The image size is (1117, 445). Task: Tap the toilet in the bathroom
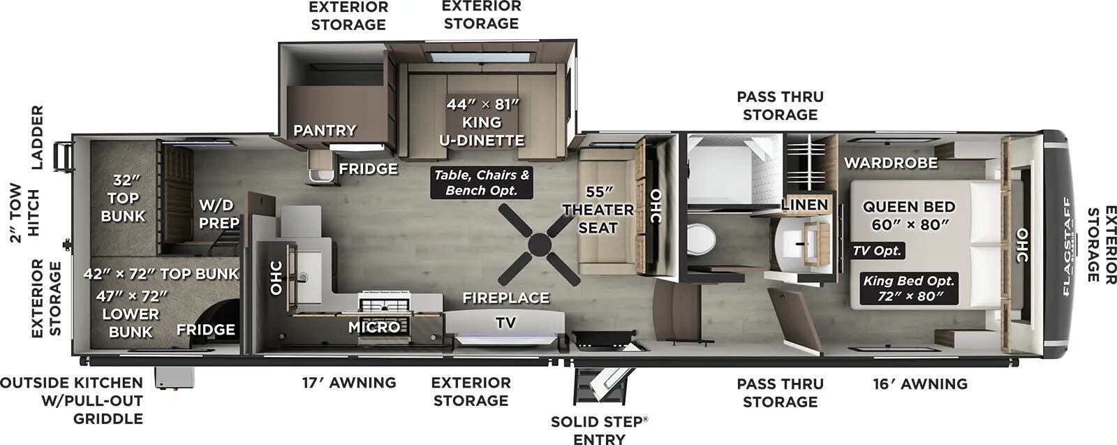tap(700, 240)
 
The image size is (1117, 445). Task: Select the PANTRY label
tap(324, 131)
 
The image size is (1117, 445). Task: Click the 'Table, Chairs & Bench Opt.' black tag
tap(482, 183)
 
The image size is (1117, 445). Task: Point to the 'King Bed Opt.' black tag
tap(908, 289)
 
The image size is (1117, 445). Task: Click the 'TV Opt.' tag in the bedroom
tap(877, 251)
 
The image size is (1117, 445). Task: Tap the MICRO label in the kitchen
tap(374, 327)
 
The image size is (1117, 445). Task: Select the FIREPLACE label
tap(505, 298)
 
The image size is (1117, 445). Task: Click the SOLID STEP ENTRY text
tap(599, 430)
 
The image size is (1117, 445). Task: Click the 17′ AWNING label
tap(349, 383)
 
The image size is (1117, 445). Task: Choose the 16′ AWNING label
tap(920, 384)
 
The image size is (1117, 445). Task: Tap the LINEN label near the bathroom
tap(804, 205)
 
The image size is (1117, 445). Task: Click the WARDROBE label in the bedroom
tap(891, 163)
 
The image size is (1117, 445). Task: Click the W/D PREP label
tap(219, 214)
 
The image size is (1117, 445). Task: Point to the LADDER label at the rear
tap(37, 138)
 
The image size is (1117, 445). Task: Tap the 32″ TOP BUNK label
tap(123, 198)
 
